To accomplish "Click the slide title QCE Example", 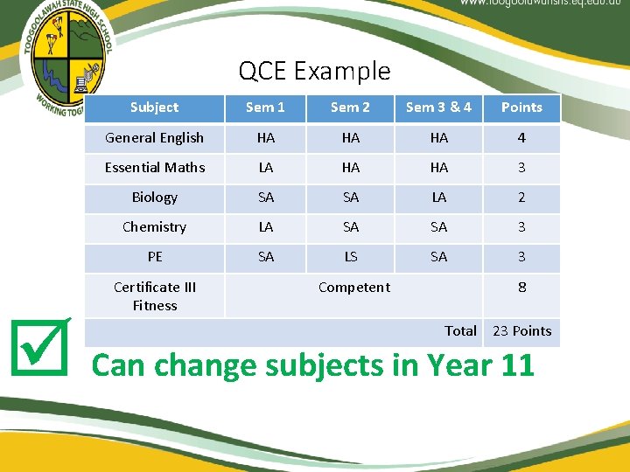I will (314, 71).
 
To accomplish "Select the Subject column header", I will (154, 108).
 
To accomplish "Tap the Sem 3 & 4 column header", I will (438, 108).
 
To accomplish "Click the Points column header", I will (521, 108).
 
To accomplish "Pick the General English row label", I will (154, 138).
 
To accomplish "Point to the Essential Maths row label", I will (155, 168).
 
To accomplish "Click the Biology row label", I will (155, 198).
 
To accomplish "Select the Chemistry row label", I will (155, 227).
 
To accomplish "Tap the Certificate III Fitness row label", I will (155, 296).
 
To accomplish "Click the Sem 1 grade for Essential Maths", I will (266, 168).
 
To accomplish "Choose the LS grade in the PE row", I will (351, 257).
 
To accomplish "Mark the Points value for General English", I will (521, 138).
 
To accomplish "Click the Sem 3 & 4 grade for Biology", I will (439, 198).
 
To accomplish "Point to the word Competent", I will (354, 288).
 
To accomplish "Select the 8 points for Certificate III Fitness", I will (522, 288).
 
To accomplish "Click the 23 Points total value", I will (522, 331).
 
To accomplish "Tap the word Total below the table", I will (460, 331).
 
